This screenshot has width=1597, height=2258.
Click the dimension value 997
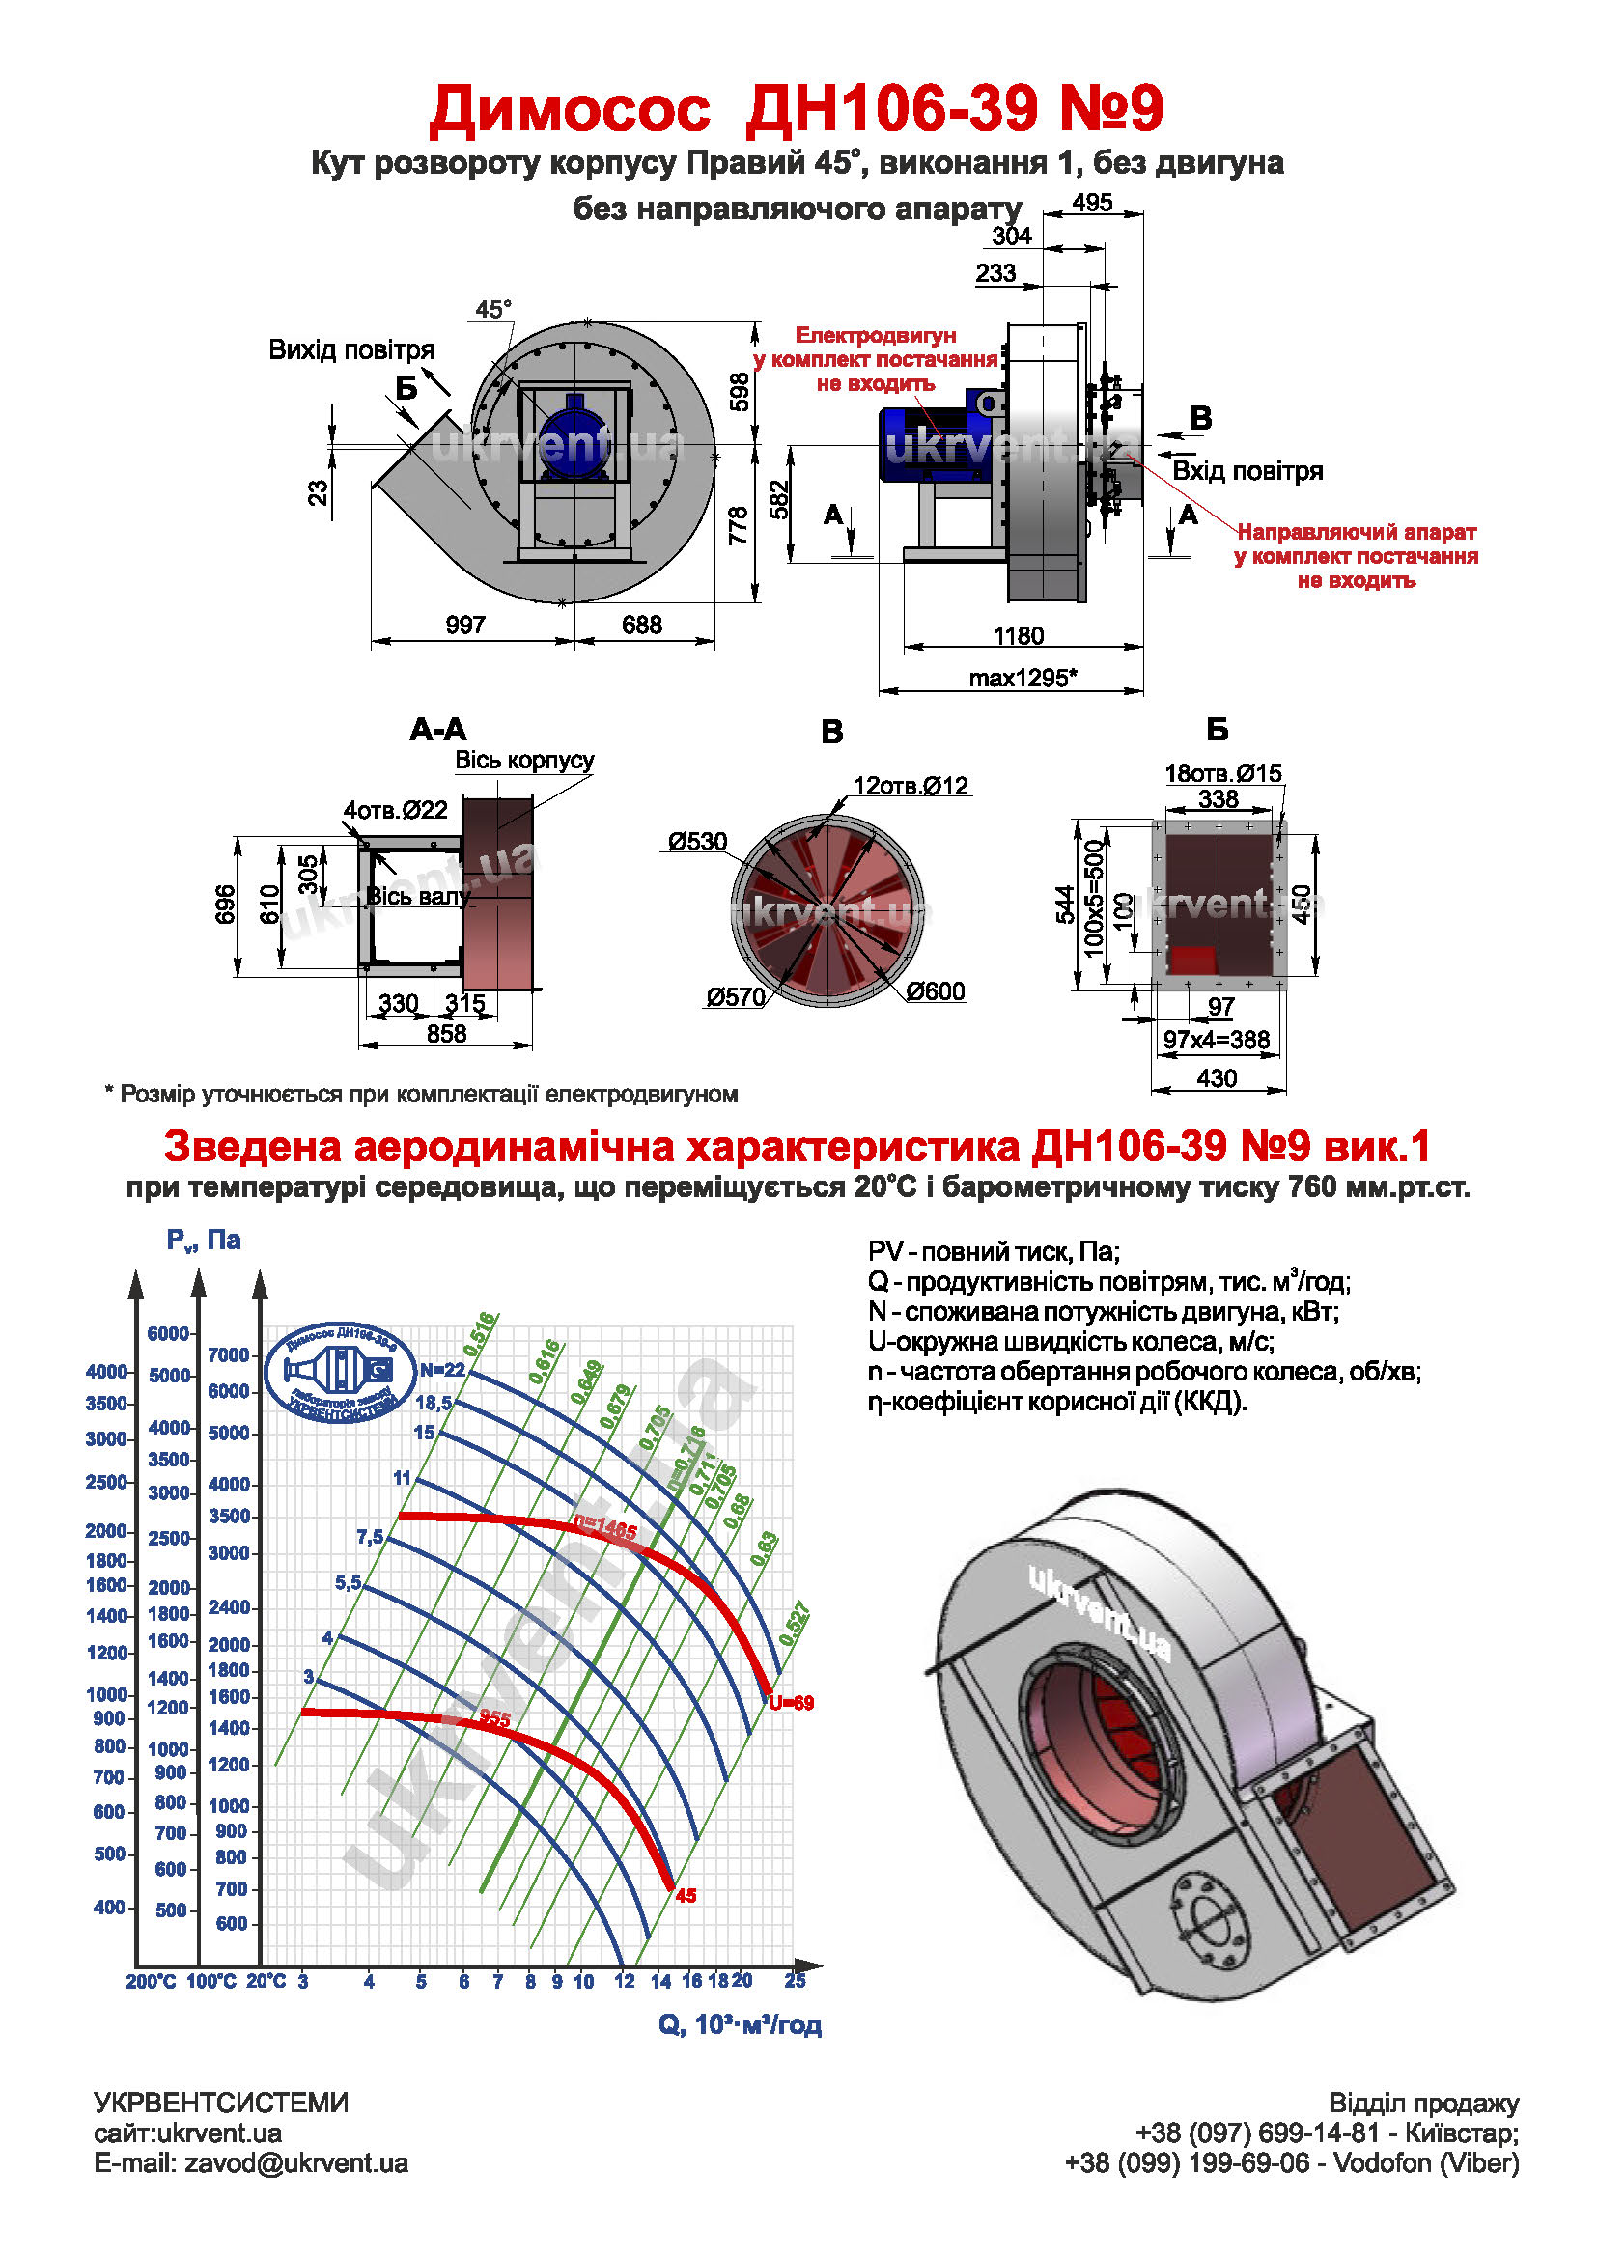[x=465, y=625]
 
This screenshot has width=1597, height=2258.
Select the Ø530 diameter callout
[x=697, y=842]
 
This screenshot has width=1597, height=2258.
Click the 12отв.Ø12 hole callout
[x=911, y=786]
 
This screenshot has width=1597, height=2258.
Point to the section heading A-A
[x=438, y=730]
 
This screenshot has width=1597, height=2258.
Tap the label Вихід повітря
[x=351, y=350]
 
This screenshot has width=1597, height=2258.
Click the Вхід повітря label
[x=1247, y=471]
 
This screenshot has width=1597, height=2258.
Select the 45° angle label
[x=493, y=310]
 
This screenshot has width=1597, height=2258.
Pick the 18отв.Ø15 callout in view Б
[x=1223, y=773]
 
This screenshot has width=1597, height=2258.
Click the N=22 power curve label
[x=441, y=1371]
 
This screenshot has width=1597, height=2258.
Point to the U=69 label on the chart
[x=792, y=1703]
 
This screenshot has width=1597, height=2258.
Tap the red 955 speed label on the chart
[x=494, y=1718]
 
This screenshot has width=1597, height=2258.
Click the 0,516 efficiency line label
[x=481, y=1333]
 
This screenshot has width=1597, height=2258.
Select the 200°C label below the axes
[x=151, y=1982]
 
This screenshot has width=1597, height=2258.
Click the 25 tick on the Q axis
[x=795, y=1981]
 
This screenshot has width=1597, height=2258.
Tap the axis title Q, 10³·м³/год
[x=740, y=2025]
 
